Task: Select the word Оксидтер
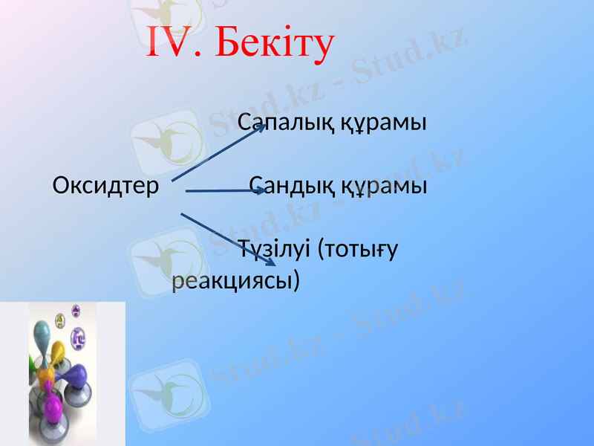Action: pos(105,185)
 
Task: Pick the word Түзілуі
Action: pos(274,248)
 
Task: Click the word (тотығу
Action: pos(357,248)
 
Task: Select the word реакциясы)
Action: pos(236,280)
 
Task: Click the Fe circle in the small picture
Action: pos(79,339)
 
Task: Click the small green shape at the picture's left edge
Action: pos(32,362)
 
